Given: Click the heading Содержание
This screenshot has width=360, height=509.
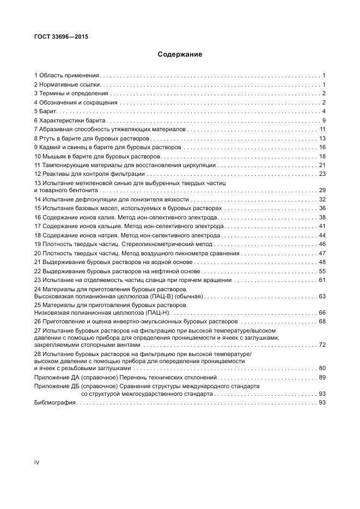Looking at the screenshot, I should (x=180, y=54).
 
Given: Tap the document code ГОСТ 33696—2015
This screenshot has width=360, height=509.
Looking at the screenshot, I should (x=61, y=37).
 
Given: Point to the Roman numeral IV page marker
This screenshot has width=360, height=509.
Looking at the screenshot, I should (x=37, y=462).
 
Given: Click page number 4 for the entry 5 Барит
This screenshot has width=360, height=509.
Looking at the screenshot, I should (x=324, y=111).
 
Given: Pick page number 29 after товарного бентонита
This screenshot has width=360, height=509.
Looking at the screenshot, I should (x=322, y=190).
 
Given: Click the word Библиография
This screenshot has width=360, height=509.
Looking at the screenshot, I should (x=55, y=402).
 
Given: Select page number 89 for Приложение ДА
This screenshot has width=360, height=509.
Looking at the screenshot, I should (x=322, y=377).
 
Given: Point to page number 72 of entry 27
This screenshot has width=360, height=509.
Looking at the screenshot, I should (x=322, y=345).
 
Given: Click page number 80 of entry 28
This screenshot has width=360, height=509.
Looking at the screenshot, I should (x=322, y=368).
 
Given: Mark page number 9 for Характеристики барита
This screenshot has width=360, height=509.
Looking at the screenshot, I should (x=324, y=120).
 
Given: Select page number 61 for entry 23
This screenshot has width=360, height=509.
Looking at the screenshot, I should (x=322, y=280).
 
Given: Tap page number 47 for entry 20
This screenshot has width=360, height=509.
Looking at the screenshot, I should (x=322, y=253).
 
